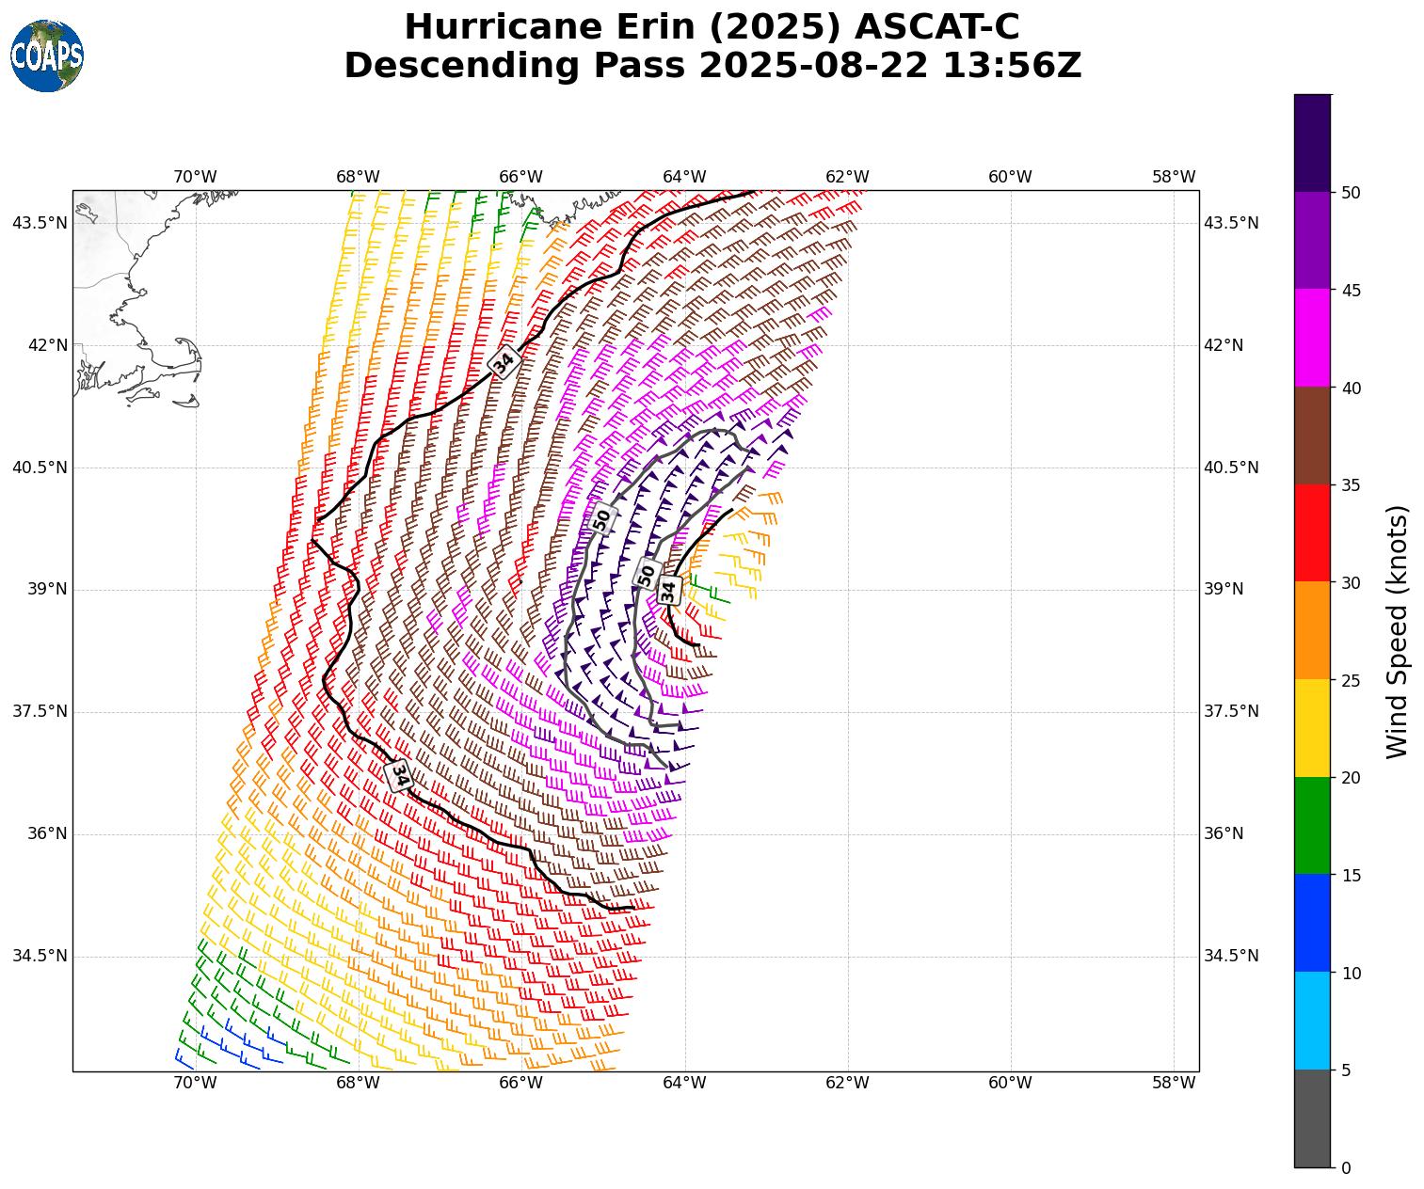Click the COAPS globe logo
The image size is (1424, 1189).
(46, 55)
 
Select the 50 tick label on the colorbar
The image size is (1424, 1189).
(1351, 193)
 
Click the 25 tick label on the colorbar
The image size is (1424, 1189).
(1351, 681)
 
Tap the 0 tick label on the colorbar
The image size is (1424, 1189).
(1346, 1168)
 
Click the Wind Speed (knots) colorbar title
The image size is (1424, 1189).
(1399, 631)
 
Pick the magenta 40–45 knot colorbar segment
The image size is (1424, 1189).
(1312, 338)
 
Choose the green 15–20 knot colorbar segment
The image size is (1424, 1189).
(1312, 825)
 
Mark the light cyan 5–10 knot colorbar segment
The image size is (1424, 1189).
(1312, 1021)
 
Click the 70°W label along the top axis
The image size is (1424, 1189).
(195, 177)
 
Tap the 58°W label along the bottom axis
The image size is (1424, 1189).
(1174, 1083)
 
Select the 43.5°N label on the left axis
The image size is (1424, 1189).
(40, 223)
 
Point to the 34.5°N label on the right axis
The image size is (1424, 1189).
(1231, 956)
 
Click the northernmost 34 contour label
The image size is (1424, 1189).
(504, 361)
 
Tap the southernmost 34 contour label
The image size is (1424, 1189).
(399, 775)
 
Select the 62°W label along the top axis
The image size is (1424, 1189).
(847, 177)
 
